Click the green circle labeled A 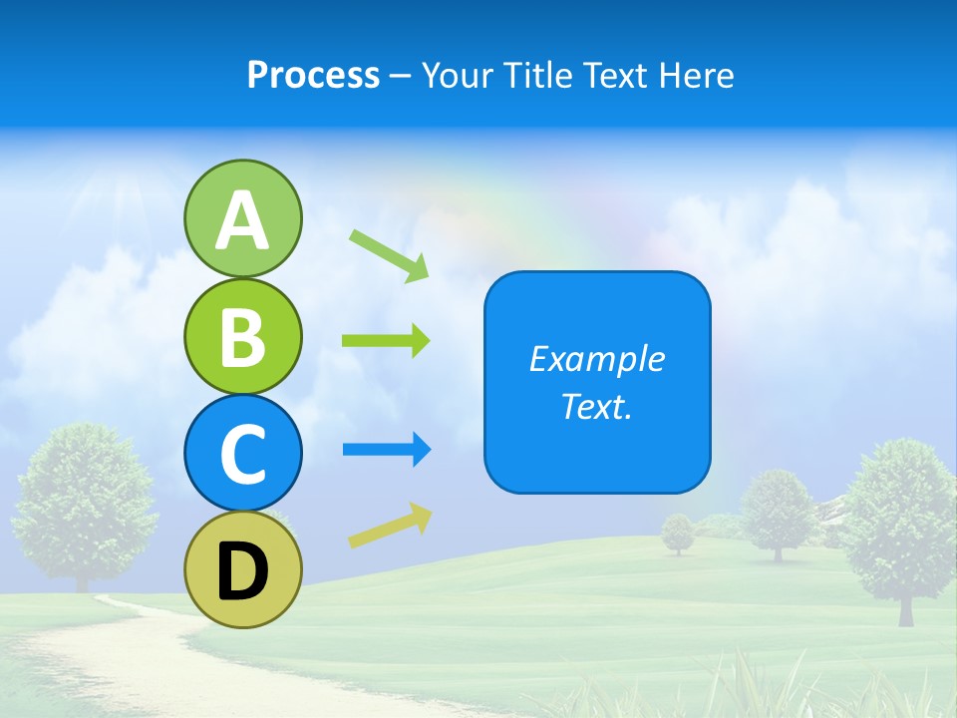coord(242,218)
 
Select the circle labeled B coord(242,336)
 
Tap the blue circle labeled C coord(242,453)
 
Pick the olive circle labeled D coord(242,569)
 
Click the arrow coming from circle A coord(390,254)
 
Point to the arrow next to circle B coord(386,341)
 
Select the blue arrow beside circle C coord(386,450)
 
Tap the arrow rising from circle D coord(390,526)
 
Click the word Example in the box coord(597,359)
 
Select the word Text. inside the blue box coord(597,406)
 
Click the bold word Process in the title coord(313,76)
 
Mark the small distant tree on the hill coord(679,532)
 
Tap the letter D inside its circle coord(242,571)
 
